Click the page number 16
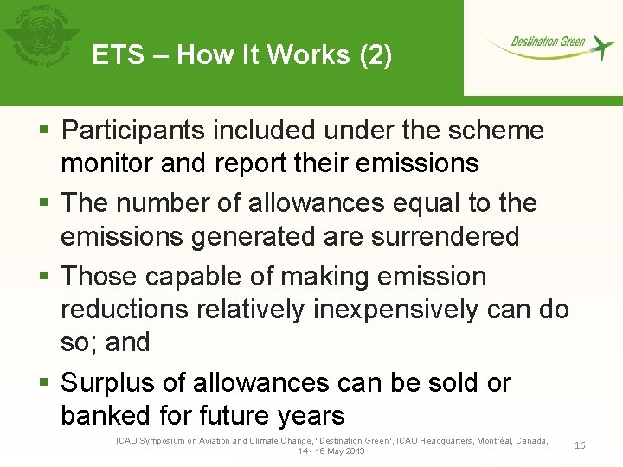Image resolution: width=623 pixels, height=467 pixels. point(580,445)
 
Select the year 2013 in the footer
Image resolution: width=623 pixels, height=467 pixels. point(353,451)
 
